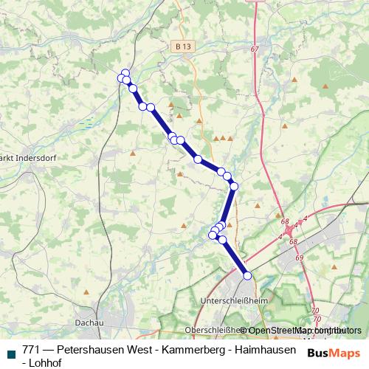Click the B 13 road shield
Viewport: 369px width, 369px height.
pos(184,46)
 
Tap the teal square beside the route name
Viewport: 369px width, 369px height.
pos(10,352)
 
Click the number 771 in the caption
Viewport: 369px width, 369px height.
pos(31,349)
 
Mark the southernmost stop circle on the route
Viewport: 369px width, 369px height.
pos(247,275)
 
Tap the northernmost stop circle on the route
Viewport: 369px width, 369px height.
pos(125,73)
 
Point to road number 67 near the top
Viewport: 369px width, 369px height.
pos(255,49)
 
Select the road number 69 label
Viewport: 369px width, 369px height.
pos(298,258)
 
